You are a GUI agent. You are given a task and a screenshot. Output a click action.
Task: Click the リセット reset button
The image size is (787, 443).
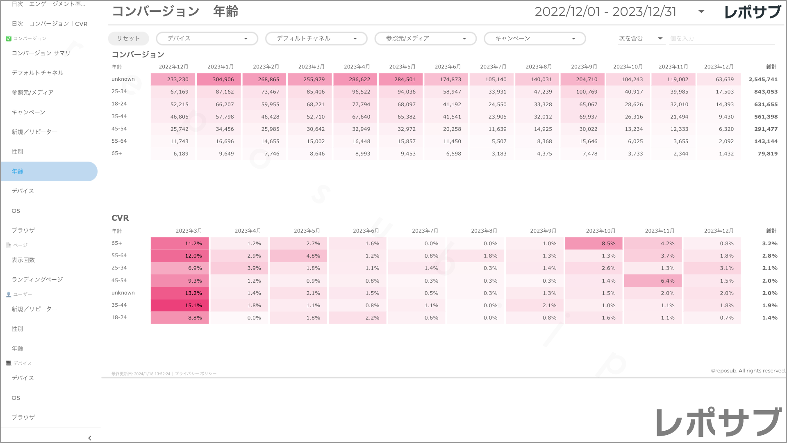(128, 39)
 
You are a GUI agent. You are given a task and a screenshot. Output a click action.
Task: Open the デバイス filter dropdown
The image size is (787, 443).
(207, 39)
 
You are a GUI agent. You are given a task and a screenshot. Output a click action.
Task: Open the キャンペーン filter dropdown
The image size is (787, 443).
(535, 39)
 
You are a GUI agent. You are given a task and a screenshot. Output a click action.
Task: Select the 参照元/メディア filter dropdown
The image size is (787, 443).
(425, 39)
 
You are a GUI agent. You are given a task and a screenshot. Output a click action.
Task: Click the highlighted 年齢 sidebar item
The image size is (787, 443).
(49, 171)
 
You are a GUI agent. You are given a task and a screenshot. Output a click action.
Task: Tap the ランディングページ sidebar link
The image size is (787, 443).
(37, 280)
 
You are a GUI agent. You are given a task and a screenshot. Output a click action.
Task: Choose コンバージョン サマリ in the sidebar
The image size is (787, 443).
(41, 53)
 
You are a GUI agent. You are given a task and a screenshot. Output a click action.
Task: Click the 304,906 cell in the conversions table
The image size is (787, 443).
(219, 80)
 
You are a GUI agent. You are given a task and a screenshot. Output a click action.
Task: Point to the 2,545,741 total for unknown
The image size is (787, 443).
(763, 80)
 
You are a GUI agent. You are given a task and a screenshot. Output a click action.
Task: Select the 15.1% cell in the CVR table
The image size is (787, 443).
(180, 306)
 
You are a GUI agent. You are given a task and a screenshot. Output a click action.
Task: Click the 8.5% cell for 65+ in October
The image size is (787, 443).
(594, 244)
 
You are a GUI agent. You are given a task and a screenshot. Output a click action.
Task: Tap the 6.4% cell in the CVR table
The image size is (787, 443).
(653, 281)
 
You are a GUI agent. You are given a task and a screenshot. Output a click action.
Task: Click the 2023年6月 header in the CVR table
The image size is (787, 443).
(366, 231)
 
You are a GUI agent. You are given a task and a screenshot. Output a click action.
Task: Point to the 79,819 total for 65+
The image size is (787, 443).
(767, 154)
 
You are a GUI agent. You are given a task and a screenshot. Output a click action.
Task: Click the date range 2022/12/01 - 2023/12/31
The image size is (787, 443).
(605, 11)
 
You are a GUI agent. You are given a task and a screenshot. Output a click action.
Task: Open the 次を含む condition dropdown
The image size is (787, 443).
(641, 39)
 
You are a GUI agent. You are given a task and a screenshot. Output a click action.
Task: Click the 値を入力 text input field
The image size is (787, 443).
(721, 39)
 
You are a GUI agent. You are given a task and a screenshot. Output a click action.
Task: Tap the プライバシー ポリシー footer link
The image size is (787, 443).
(196, 374)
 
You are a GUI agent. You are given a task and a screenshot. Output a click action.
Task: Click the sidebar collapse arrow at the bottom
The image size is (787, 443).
(90, 438)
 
